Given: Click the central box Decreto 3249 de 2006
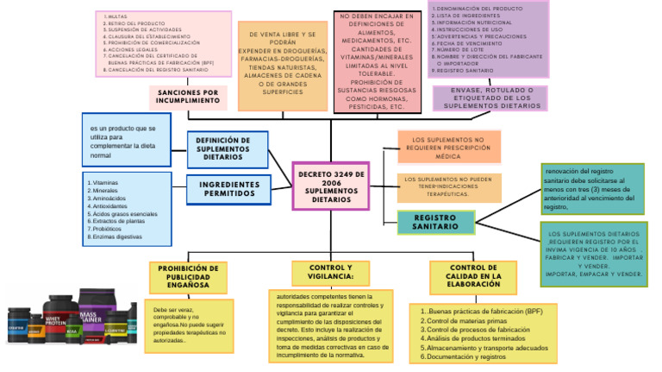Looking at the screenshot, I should click(331, 186).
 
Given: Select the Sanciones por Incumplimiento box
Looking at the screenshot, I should click(188, 97).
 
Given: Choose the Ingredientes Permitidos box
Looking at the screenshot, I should click(228, 189).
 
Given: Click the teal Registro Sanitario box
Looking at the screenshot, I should click(435, 222).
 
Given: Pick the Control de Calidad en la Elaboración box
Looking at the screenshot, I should click(473, 277).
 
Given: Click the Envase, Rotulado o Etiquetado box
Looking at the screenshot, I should click(490, 98).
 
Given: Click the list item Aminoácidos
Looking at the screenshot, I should click(107, 199).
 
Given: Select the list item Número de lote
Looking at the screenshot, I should click(457, 50).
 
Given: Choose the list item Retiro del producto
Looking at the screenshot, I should click(134, 22).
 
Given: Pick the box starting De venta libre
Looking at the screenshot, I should click(282, 66).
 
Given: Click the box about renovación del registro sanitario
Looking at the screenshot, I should click(592, 188).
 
